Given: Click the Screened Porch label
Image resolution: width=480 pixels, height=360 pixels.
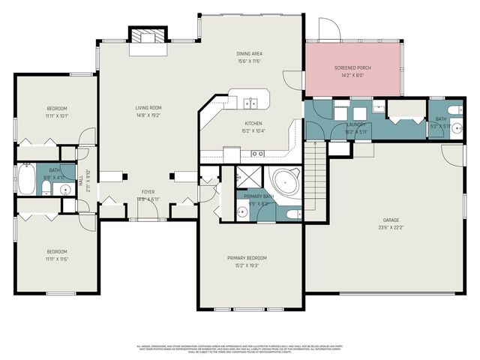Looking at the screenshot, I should [352, 68].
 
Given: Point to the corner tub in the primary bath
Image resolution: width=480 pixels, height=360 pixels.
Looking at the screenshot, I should [286, 182].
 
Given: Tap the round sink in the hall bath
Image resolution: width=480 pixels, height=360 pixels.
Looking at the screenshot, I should [65, 188].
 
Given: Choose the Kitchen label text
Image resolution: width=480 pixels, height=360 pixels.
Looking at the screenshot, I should [253, 124].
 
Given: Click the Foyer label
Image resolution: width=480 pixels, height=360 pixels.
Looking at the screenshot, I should [148, 192].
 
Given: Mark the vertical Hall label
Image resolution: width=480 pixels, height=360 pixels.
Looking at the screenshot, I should [81, 181].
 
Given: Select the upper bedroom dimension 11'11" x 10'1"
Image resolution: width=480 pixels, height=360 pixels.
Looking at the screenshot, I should [56, 115].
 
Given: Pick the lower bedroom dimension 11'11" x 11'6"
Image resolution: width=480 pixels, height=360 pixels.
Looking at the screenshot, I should [56, 259].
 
